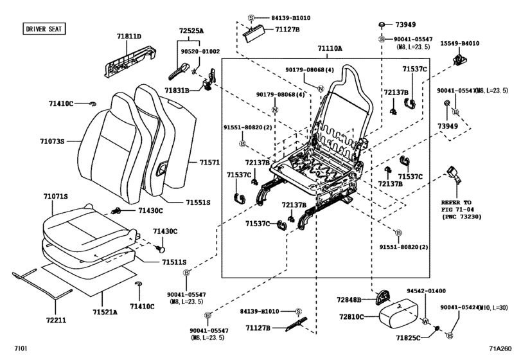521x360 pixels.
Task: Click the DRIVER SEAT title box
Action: pos(44,29)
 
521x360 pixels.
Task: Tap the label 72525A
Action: pos(191,30)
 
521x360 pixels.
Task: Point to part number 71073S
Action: pos(52,140)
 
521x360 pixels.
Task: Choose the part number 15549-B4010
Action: pos(459,43)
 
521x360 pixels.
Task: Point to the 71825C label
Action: pos(409,337)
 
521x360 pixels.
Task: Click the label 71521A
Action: pos(104,312)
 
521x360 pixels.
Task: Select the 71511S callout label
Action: pos(173,262)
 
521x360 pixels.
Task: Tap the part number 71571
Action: pos(208,163)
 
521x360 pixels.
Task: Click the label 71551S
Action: pos(198,203)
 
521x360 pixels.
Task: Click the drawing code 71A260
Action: pos(502,349)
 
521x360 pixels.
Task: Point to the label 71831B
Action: pos(177,91)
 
